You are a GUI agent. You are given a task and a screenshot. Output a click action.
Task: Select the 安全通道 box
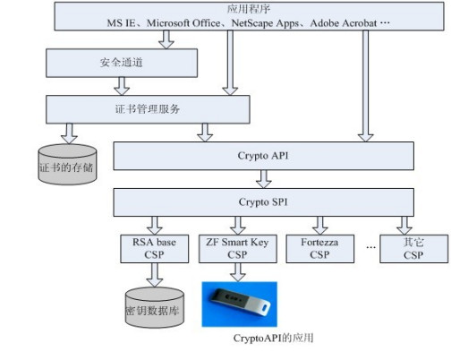pos(122,62)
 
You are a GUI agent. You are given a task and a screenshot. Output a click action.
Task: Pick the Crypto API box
pos(263,156)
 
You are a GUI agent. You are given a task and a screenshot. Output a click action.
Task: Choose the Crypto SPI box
pos(263,202)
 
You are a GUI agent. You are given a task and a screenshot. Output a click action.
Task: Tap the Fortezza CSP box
pos(318,248)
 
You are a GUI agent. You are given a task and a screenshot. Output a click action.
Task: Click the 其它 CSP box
pos(413,248)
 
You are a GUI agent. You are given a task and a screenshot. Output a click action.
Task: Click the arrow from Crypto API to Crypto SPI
pos(263,179)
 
